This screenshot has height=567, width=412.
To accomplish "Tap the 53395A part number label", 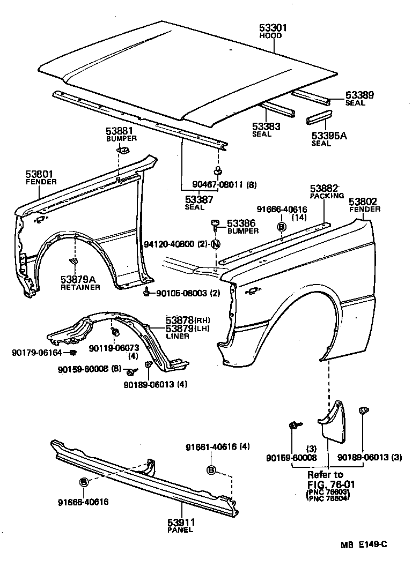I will tap(329, 136).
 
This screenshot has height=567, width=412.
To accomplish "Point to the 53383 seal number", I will tap(267, 126).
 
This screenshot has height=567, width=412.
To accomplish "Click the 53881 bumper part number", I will tap(120, 131).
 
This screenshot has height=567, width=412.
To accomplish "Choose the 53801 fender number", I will tap(40, 174).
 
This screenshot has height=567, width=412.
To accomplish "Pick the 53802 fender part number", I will tap(364, 202).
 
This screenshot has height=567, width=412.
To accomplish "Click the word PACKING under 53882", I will tap(327, 196).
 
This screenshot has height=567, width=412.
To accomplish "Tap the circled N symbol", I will tap(216, 244).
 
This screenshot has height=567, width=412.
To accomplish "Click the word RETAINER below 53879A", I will tap(80, 287).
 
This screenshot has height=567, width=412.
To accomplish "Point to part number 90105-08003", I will tap(175, 293).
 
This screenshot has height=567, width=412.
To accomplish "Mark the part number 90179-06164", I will tap(36, 352).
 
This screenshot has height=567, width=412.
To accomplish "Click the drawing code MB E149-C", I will tap(363, 545).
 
